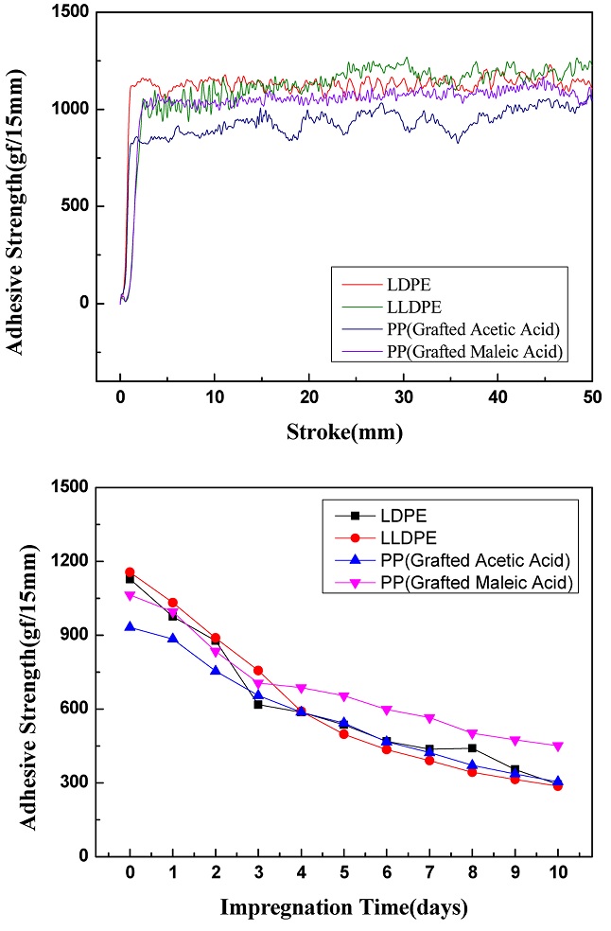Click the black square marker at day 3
(x=258, y=704)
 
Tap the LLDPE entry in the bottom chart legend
(x=410, y=538)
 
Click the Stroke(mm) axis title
(x=344, y=432)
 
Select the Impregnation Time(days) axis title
(x=344, y=908)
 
